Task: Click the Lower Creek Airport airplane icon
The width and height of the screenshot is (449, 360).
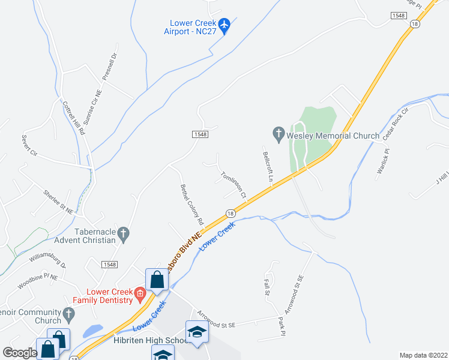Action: pyautogui.click(x=224, y=25)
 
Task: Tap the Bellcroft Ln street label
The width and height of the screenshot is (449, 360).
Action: pyautogui.click(x=267, y=166)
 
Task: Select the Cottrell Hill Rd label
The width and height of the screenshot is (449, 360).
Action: pyautogui.click(x=74, y=118)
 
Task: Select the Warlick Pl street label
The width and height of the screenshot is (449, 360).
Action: pyautogui.click(x=383, y=161)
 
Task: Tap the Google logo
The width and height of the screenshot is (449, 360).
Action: pyautogui.click(x=20, y=352)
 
